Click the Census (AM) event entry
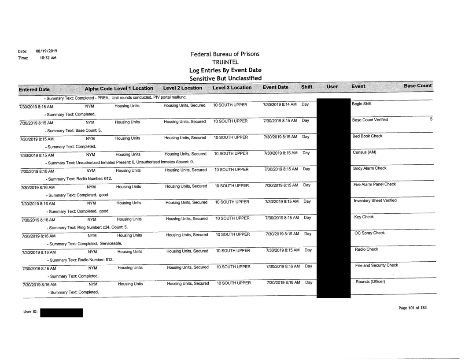coord(362,152)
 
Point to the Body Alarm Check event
coord(369,169)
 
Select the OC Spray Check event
coord(367,233)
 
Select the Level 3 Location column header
coord(232,88)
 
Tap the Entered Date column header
coord(37,89)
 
